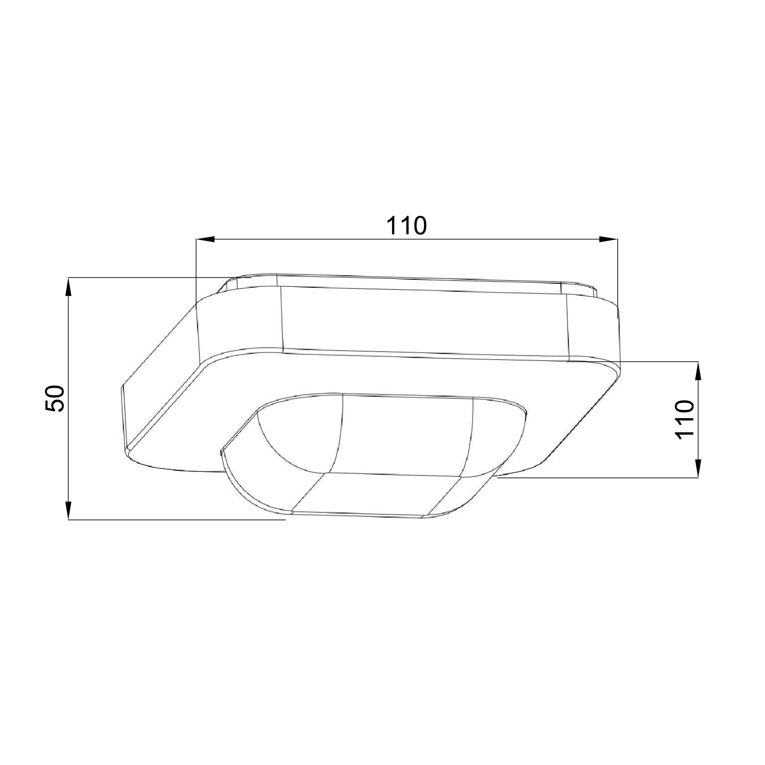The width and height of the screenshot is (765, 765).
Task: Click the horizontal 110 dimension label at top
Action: [406, 225]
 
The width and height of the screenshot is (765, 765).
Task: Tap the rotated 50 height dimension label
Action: [55, 399]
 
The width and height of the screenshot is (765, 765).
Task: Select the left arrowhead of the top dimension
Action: [205, 239]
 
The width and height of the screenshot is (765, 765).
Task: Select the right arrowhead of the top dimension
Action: [608, 239]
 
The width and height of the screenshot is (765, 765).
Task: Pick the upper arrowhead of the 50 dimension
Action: [68, 286]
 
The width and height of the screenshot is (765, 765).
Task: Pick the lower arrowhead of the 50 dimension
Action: [68, 510]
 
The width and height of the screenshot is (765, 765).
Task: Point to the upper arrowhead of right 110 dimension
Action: [698, 371]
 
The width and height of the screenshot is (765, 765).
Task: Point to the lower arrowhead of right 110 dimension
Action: [698, 469]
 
